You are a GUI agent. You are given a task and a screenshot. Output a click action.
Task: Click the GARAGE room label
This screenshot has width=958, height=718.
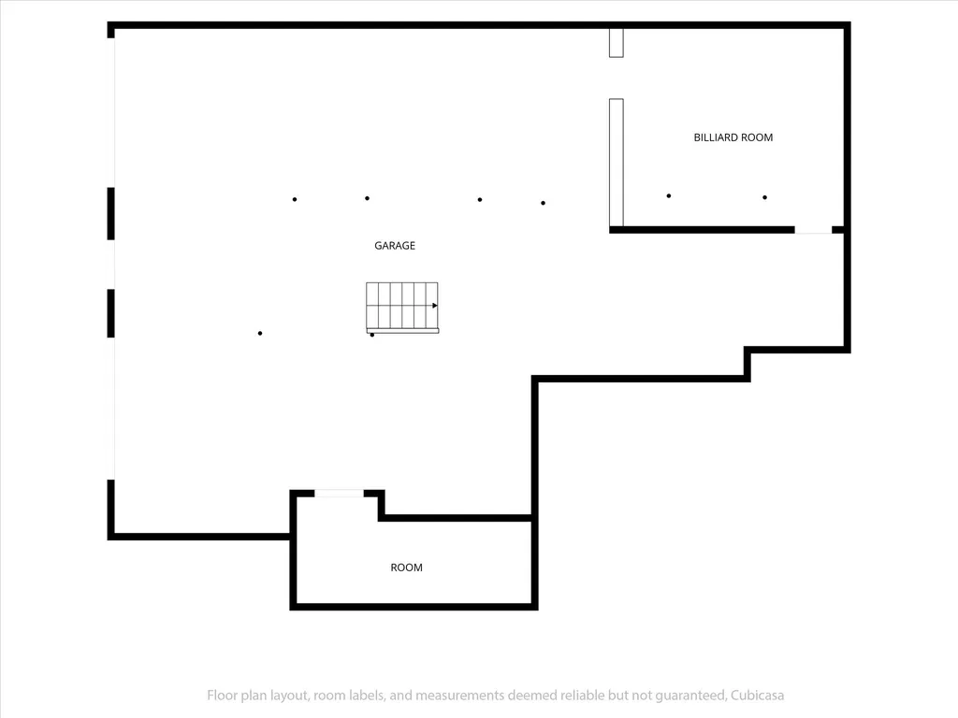pyautogui.click(x=395, y=246)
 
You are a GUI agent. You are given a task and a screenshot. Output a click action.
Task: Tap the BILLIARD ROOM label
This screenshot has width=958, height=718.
pyautogui.click(x=733, y=137)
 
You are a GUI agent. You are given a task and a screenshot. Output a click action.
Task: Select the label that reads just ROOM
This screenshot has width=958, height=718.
pyautogui.click(x=406, y=567)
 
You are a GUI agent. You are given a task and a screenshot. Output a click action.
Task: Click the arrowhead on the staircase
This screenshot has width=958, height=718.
pyautogui.click(x=434, y=306)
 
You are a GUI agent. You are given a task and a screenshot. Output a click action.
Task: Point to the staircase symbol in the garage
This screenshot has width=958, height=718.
pyautogui.click(x=402, y=308)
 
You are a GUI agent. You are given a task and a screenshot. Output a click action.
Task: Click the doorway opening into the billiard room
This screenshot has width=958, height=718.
pyautogui.click(x=813, y=230)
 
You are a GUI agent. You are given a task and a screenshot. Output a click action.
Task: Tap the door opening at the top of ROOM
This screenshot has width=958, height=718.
pyautogui.click(x=339, y=494)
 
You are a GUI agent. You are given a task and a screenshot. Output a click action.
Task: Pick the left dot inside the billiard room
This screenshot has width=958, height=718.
pyautogui.click(x=669, y=196)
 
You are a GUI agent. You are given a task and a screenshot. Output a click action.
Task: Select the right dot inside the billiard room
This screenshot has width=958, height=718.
pyautogui.click(x=765, y=197)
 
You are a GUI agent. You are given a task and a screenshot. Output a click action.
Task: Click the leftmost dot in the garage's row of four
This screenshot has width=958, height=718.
pyautogui.click(x=295, y=200)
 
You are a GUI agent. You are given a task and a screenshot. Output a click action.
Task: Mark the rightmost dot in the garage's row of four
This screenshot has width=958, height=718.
pyautogui.click(x=544, y=203)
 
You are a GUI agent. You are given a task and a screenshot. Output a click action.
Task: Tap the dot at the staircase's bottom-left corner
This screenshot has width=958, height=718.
pyautogui.click(x=372, y=335)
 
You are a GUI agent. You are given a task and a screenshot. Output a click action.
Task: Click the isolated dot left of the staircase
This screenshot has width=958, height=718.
pyautogui.click(x=260, y=334)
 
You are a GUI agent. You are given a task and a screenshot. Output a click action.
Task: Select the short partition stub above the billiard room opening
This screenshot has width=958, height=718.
pyautogui.click(x=617, y=43)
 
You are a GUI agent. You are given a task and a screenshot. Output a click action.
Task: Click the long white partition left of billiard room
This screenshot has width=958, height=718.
pyautogui.click(x=617, y=163)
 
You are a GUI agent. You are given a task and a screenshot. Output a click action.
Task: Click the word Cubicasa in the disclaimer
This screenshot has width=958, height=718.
pyautogui.click(x=758, y=696)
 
